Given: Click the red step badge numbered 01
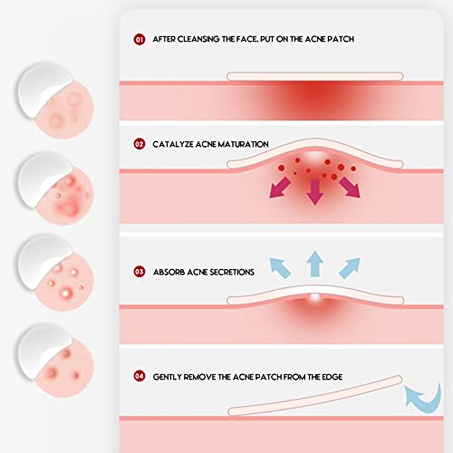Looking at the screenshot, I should point(139,40).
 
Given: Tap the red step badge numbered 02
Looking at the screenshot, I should point(139,143).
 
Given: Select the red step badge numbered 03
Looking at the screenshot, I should point(139,271).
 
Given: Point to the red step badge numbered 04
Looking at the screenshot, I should point(139,375).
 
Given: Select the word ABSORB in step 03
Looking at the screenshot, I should point(169,271).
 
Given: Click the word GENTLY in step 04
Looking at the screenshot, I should point(169,375).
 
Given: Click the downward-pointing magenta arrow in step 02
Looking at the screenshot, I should point(314,191).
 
